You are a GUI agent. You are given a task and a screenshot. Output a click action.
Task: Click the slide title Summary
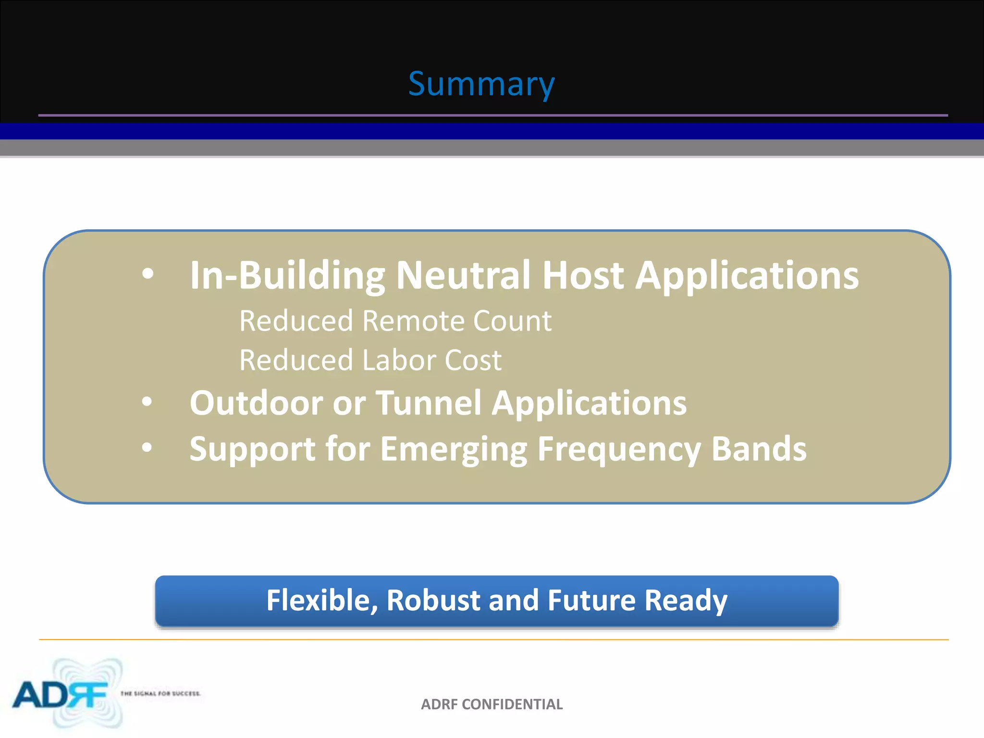tap(481, 84)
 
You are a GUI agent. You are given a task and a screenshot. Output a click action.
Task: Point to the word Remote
tap(413, 321)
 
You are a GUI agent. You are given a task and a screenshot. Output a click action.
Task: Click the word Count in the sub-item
tap(512, 321)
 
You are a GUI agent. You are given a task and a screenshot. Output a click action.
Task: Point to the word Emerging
tap(454, 450)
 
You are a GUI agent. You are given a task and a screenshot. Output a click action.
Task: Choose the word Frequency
tap(619, 450)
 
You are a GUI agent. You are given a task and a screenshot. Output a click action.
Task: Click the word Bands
tap(759, 449)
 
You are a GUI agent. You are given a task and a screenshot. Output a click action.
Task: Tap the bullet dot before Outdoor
tap(147, 402)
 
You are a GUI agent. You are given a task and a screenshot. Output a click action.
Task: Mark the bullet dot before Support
tap(147, 448)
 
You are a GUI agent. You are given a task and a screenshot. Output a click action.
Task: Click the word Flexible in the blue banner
tap(322, 601)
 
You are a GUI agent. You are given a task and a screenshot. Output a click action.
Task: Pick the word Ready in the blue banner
tap(686, 601)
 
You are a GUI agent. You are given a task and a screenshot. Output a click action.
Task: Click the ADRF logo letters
tap(60, 695)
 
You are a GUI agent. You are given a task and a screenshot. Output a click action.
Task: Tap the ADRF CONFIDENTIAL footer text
tap(492, 704)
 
